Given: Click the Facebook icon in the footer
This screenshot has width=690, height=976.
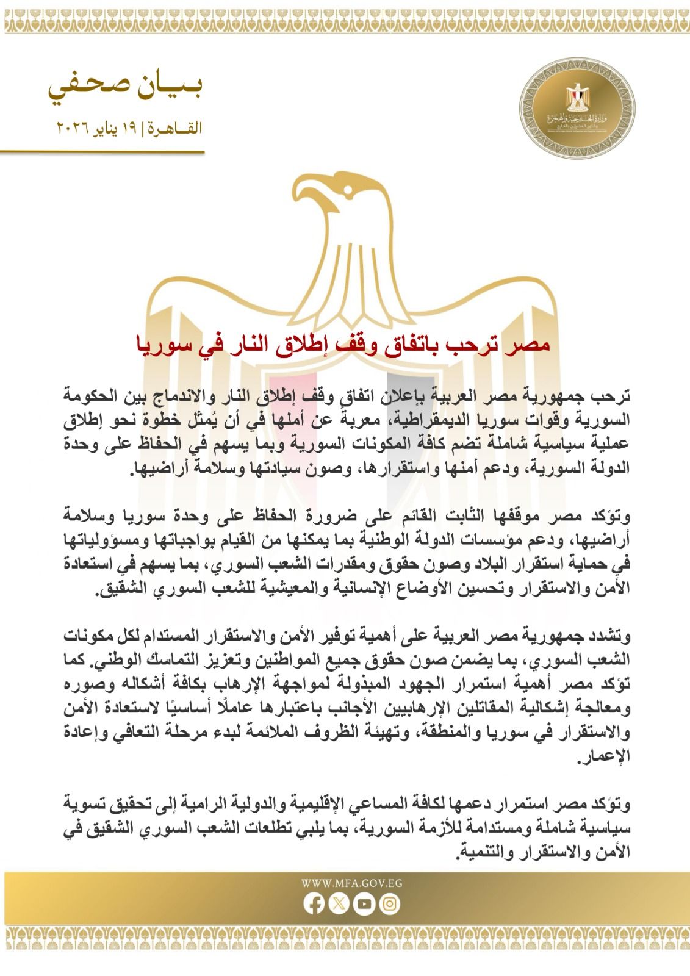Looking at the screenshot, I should coord(315,904).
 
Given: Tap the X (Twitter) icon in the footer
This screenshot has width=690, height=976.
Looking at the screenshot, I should coord(339,904).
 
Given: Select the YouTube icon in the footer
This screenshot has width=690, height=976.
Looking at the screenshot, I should coord(364,904).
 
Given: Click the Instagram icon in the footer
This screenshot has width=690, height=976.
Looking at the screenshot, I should coord(389,904).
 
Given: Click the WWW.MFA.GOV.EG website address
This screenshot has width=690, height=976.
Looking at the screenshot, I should coord(351,883).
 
